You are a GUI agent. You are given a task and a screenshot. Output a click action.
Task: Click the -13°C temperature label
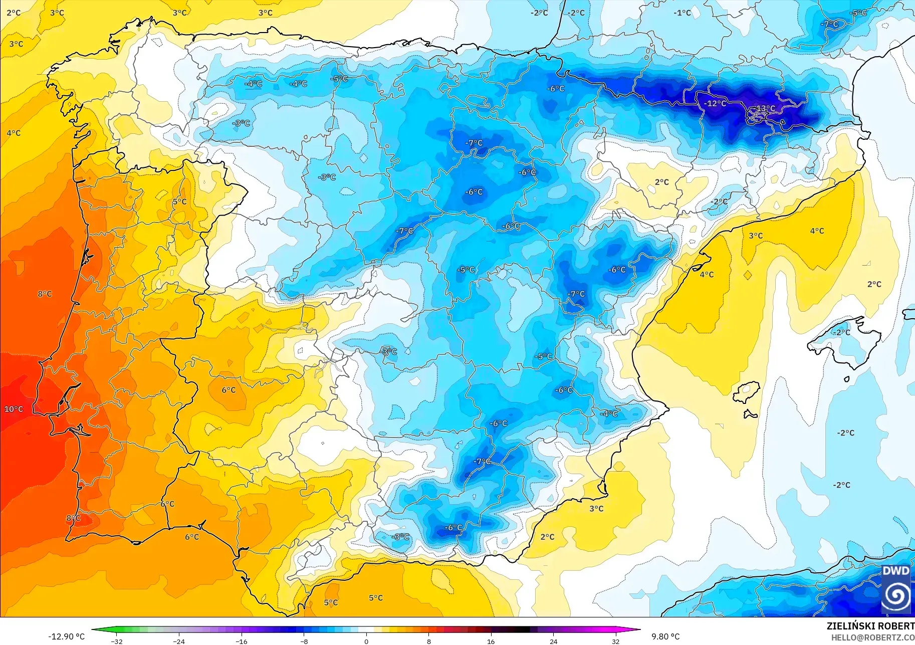pos(765,108)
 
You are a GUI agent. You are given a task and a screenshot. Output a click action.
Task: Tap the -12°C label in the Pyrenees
pos(715,103)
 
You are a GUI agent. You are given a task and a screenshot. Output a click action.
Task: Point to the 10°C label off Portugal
pos(14,409)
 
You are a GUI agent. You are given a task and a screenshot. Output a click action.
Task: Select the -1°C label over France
pos(682,13)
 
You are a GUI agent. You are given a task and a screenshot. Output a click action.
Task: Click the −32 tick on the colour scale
pos(116,641)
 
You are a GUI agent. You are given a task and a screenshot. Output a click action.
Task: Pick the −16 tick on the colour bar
pos(242,641)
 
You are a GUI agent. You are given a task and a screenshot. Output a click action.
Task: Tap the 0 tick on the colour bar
pos(366,641)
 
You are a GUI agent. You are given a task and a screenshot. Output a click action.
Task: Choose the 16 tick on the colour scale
pos(491,641)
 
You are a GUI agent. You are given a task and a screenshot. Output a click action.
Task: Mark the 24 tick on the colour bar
pos(553,641)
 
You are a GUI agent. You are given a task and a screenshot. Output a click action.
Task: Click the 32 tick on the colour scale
pos(615,641)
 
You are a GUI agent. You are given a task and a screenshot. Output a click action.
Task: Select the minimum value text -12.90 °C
pos(67,636)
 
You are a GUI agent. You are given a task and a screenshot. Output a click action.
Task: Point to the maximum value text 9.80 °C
pos(665,636)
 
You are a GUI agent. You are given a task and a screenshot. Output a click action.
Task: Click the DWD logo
pos(896,589)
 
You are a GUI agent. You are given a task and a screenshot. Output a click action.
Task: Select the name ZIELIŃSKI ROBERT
pos(870,626)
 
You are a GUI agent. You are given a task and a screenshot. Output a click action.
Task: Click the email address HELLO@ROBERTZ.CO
pos(872,637)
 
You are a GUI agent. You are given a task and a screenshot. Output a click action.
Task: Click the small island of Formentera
pos(750,414)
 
